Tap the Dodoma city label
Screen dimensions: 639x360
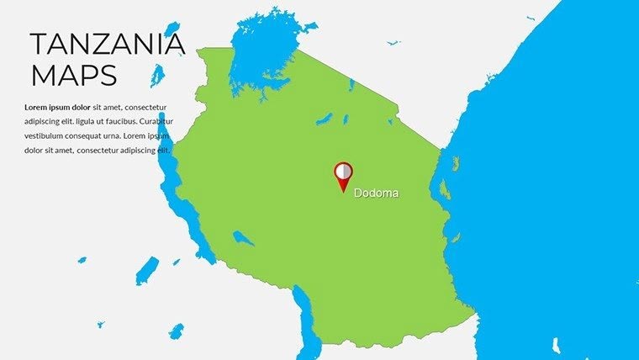(x=376, y=193)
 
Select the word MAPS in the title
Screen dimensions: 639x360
(x=73, y=76)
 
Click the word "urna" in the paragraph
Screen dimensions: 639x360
(x=133, y=135)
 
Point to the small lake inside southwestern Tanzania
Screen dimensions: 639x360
(x=243, y=238)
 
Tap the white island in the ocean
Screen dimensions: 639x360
(x=557, y=344)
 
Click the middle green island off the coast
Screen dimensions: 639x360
(x=445, y=189)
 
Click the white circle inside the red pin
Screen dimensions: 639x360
(x=343, y=171)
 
